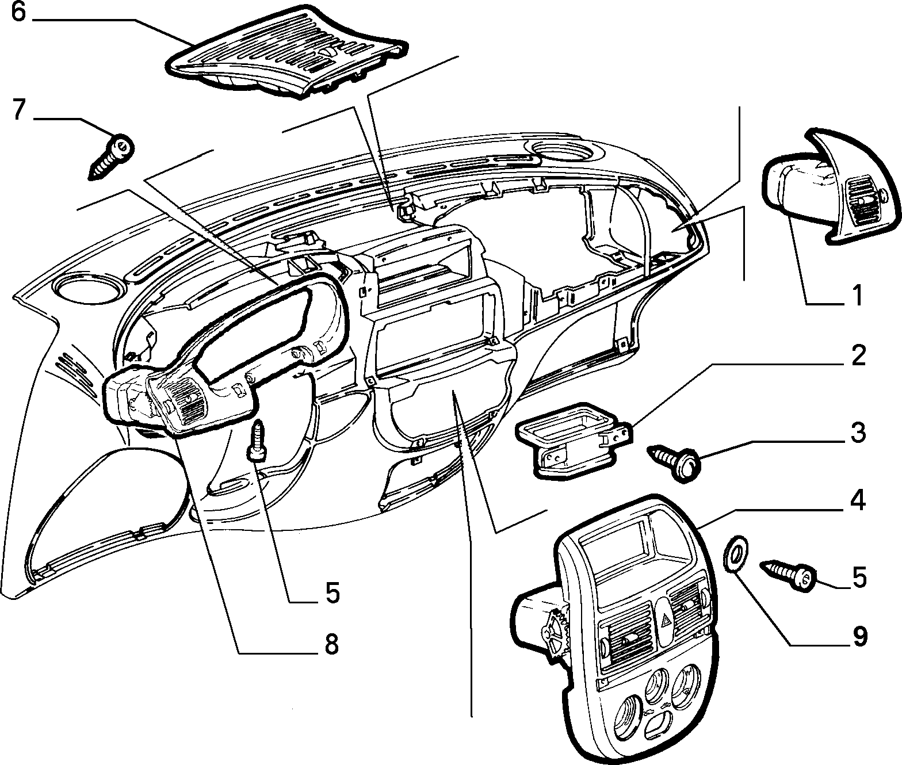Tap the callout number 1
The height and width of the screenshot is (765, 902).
(857, 296)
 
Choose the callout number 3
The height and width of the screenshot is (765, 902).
(858, 433)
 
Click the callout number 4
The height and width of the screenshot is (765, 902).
(857, 500)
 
